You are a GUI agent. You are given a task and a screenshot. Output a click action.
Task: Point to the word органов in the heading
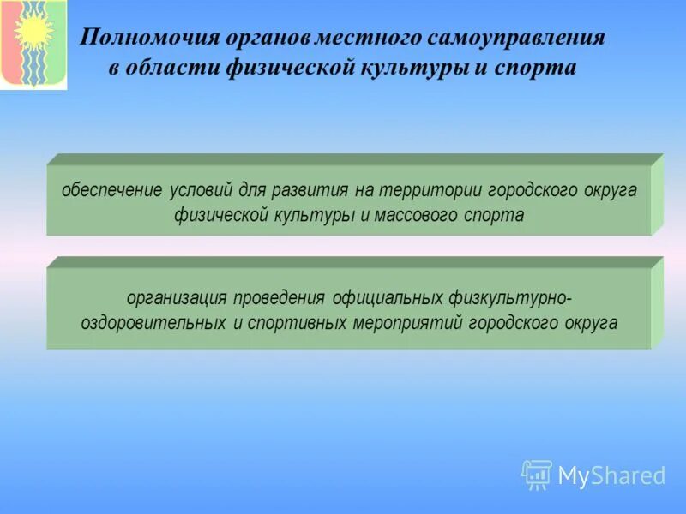click(x=268, y=39)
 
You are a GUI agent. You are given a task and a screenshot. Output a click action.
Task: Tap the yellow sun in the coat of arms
click(x=33, y=32)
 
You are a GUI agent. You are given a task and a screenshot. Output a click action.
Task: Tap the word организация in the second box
click(x=176, y=298)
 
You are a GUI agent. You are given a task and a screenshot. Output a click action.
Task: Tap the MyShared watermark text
click(x=611, y=475)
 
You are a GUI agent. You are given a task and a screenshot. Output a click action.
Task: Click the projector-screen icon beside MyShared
click(x=536, y=474)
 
